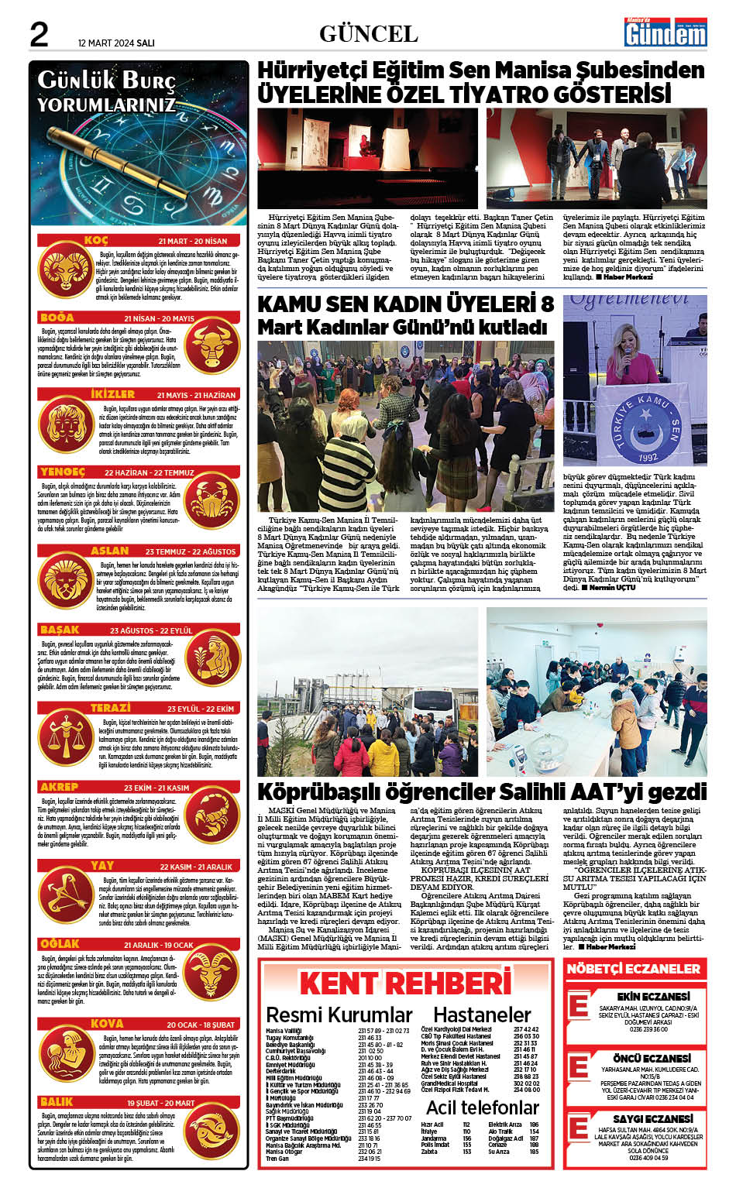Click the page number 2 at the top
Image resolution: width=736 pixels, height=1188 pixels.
pyautogui.click(x=39, y=34)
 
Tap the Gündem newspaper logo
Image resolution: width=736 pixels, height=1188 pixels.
pyautogui.click(x=665, y=33)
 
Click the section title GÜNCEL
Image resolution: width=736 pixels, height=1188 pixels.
pyautogui.click(x=368, y=33)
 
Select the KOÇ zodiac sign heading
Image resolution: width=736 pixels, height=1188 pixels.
pyautogui.click(x=96, y=241)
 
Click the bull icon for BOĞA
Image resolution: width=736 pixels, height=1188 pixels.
pyautogui.click(x=213, y=345)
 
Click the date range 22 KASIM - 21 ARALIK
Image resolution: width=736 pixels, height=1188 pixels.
pyautogui.click(x=196, y=867)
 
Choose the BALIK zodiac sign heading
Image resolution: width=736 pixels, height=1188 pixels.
pyautogui.click(x=57, y=1101)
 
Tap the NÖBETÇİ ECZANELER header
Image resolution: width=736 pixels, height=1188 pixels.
pyautogui.click(x=633, y=968)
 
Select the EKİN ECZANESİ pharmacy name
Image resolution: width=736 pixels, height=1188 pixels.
pyautogui.click(x=652, y=996)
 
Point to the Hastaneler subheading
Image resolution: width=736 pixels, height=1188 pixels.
pyautogui.click(x=482, y=1015)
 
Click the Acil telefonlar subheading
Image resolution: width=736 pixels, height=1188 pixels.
pyautogui.click(x=482, y=1107)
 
